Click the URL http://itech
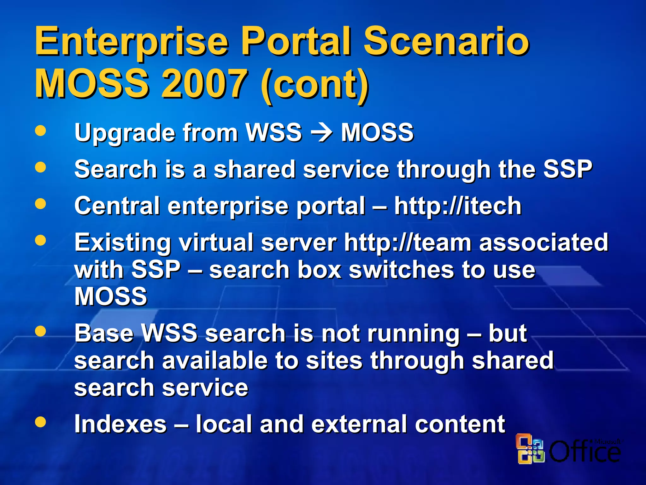[x=457, y=206]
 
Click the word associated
[x=543, y=242]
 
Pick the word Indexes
[x=120, y=424]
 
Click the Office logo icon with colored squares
[x=530, y=449]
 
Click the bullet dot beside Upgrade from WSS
[x=40, y=130]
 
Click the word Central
[x=117, y=206]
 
